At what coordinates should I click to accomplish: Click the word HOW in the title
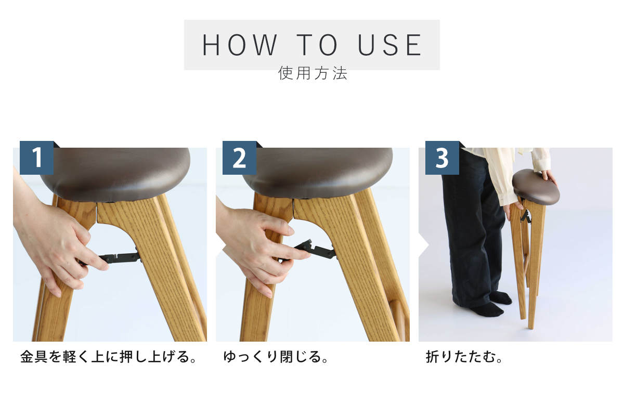pyautogui.click(x=239, y=45)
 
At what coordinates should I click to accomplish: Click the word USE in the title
pyautogui.click(x=389, y=45)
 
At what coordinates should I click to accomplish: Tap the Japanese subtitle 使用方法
pyautogui.click(x=313, y=73)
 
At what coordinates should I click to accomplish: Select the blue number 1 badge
pyautogui.click(x=36, y=158)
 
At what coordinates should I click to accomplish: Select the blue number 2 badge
pyautogui.click(x=239, y=158)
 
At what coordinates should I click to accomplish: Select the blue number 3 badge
pyautogui.click(x=442, y=158)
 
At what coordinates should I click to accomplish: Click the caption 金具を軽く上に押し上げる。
pyautogui.click(x=109, y=357)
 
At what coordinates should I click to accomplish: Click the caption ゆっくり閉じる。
pyautogui.click(x=276, y=357)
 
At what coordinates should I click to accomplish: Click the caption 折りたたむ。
pyautogui.click(x=464, y=357)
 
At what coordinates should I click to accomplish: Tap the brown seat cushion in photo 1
pyautogui.click(x=115, y=173)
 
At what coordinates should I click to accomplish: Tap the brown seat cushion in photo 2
pyautogui.click(x=318, y=173)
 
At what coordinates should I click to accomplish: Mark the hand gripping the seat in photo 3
pyautogui.click(x=549, y=177)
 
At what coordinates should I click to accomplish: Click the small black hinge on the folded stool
pyautogui.click(x=525, y=217)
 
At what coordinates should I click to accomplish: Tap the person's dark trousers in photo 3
pyautogui.click(x=471, y=226)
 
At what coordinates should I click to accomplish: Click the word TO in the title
pyautogui.click(x=317, y=45)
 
